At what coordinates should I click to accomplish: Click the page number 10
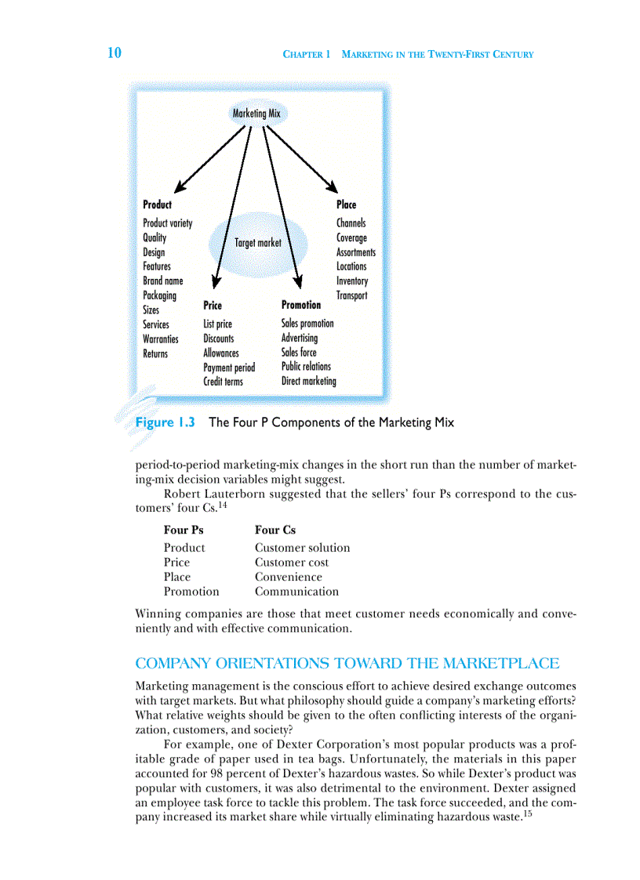click(115, 53)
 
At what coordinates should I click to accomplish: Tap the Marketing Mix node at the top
click(256, 114)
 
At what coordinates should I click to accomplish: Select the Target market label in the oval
click(257, 243)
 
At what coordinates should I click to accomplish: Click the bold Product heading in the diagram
click(157, 205)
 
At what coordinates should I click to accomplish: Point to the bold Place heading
click(346, 205)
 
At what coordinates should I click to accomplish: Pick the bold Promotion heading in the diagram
click(300, 305)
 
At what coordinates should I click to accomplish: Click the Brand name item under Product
click(162, 281)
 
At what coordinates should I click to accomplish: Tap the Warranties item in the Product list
click(160, 339)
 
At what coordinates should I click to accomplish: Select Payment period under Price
click(229, 368)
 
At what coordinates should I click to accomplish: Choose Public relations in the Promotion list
click(306, 366)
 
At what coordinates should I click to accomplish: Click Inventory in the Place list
click(351, 281)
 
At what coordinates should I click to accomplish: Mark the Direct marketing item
click(308, 381)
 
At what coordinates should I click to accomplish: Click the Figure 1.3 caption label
click(165, 422)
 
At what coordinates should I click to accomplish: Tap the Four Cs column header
click(275, 530)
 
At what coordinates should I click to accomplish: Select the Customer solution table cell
click(302, 547)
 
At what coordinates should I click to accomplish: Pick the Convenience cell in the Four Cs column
click(288, 577)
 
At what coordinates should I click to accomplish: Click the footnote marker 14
click(223, 505)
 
